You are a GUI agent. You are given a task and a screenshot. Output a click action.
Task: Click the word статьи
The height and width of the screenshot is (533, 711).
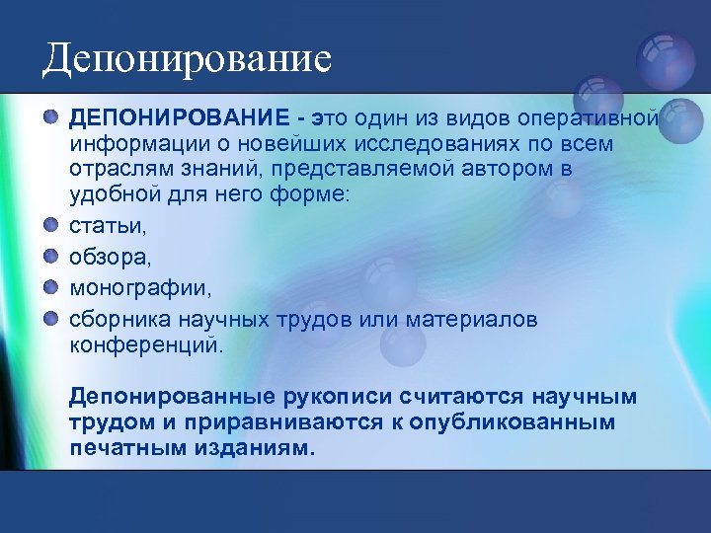coord(108,226)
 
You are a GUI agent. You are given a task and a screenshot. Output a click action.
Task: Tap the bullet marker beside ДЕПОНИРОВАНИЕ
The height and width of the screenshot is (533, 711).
coord(50,118)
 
